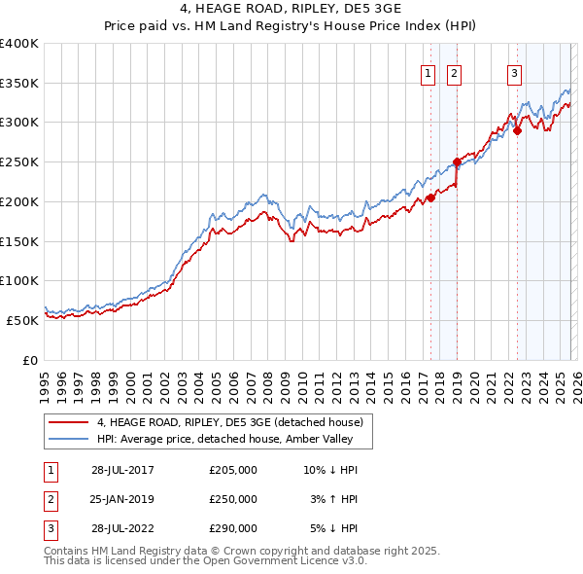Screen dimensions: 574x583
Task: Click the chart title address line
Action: pyautogui.click(x=291, y=9)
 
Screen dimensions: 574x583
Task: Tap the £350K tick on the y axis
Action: pyautogui.click(x=19, y=84)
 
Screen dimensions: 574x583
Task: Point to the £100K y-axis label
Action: pyautogui.click(x=19, y=280)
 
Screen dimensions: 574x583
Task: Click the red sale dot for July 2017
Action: pyautogui.click(x=430, y=198)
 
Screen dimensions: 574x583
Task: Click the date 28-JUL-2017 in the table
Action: pyautogui.click(x=122, y=470)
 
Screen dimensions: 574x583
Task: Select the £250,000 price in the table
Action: pyautogui.click(x=232, y=499)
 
